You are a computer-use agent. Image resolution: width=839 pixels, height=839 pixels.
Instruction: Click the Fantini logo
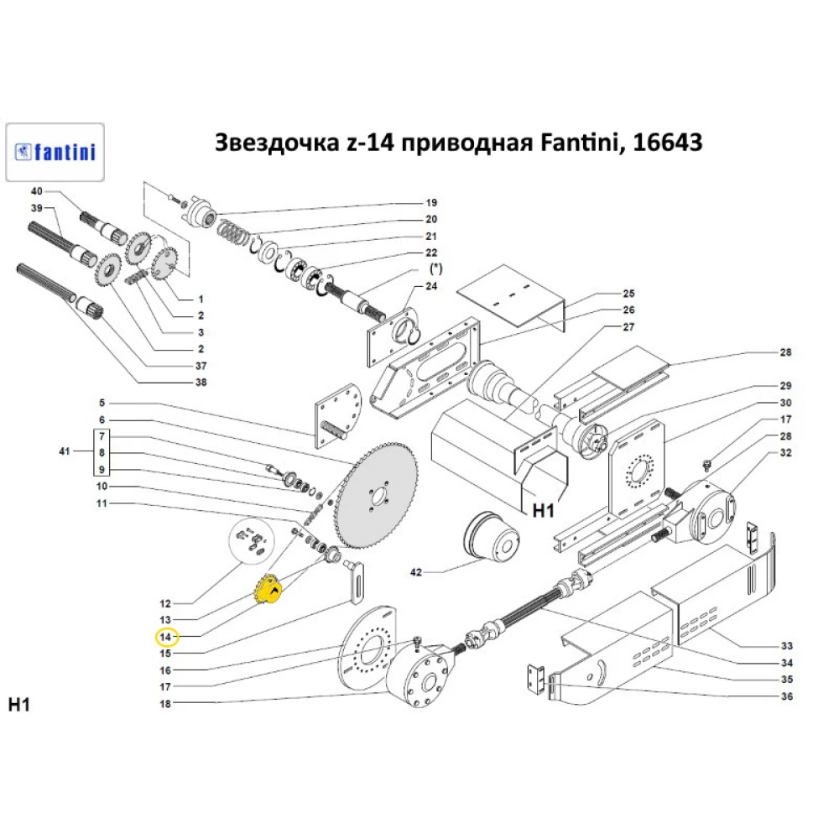coord(55,152)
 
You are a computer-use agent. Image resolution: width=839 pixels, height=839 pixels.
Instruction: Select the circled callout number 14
coord(165,636)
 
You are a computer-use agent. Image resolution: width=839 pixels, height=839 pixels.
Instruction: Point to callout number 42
coord(414,573)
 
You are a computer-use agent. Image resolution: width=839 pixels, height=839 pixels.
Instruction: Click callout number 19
coord(431,203)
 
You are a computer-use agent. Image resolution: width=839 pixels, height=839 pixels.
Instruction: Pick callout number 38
coord(201,383)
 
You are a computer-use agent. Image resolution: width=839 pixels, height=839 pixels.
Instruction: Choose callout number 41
coord(65,452)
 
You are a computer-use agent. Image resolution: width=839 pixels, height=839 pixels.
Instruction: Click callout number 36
coord(786,696)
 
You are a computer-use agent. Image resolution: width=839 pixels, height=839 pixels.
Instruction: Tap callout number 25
coord(628,294)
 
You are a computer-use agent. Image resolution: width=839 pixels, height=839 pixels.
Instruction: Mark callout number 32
coord(785,452)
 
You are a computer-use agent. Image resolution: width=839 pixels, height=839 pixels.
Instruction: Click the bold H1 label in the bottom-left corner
coord(19,704)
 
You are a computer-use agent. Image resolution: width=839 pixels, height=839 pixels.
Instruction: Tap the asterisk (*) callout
coord(435,269)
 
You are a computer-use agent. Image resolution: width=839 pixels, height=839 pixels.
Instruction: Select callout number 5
coord(102,402)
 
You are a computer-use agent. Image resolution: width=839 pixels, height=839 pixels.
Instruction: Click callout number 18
coord(165,704)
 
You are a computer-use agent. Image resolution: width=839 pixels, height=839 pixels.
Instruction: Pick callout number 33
coord(786,646)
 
